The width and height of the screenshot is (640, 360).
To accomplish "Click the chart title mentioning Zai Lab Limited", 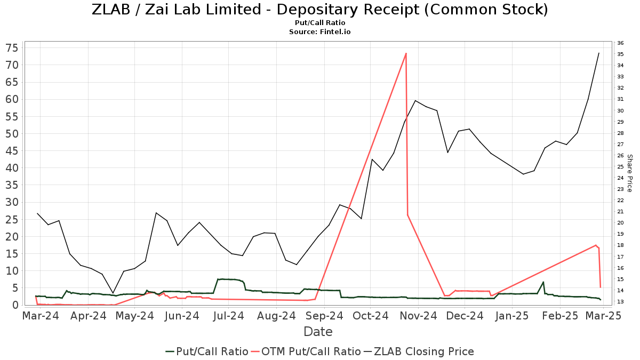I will (x=319, y=10).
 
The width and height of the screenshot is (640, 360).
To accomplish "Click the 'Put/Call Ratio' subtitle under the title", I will (x=319, y=23).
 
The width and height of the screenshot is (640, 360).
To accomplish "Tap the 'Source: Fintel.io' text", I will (x=319, y=32).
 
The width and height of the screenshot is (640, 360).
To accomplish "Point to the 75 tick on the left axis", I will (x=12, y=48).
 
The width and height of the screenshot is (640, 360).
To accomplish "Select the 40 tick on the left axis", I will (x=12, y=168).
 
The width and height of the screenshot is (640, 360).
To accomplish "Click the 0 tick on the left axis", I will (x=16, y=305).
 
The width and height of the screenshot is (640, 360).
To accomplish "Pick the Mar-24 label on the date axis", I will (x=41, y=316).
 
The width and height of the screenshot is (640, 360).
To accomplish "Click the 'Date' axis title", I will (x=318, y=332).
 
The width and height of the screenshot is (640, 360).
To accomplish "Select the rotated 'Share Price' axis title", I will (x=629, y=173).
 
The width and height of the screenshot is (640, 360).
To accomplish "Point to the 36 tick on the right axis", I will (x=620, y=43).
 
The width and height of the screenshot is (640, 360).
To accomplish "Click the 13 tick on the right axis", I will (x=620, y=302).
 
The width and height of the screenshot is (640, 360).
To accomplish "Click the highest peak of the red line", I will (x=406, y=53).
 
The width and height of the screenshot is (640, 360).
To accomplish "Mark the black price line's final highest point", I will (x=599, y=53).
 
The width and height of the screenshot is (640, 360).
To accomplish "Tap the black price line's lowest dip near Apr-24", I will (x=113, y=293).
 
